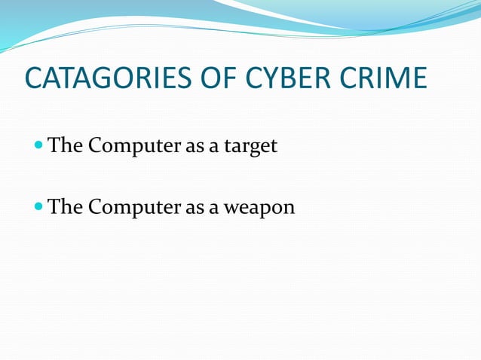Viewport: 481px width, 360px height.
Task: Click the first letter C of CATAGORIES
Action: pos(33,78)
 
